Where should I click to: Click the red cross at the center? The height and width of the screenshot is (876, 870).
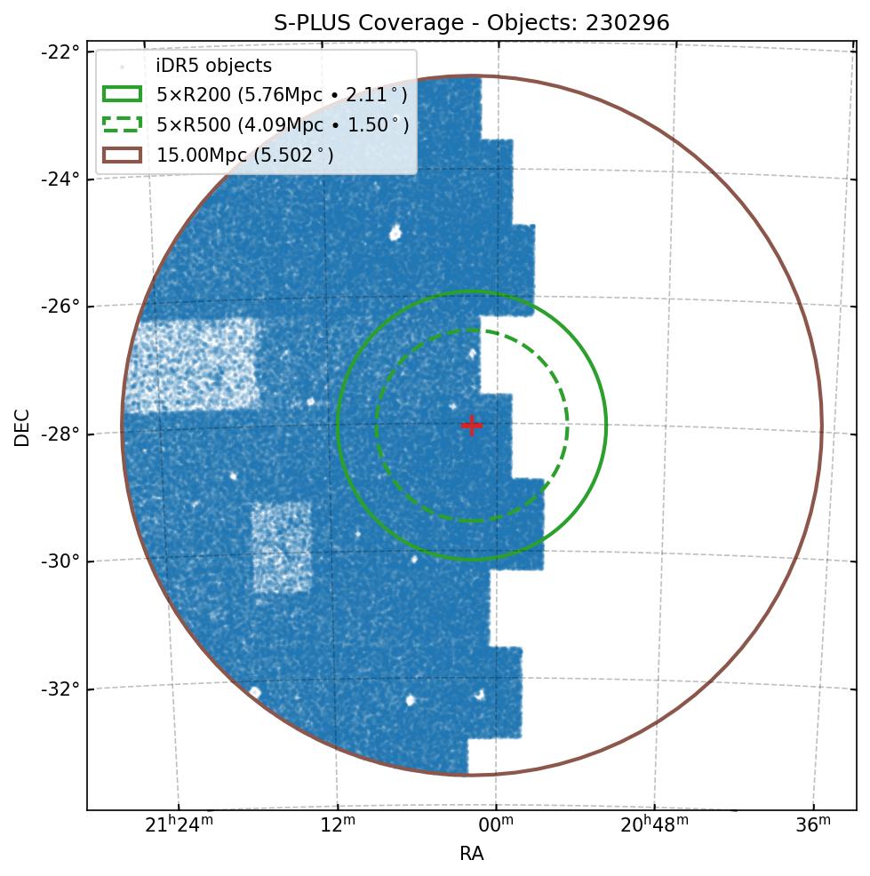(471, 426)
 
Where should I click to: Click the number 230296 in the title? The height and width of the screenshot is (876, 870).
(627, 23)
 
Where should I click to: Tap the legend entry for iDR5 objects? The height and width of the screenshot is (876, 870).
(213, 67)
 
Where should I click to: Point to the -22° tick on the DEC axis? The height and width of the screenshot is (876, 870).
(61, 52)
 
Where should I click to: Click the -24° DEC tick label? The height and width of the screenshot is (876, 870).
(61, 179)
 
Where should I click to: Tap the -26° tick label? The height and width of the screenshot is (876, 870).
(61, 307)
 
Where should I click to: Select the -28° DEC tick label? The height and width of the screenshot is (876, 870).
(61, 434)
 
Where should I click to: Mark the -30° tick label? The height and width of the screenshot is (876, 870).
(61, 561)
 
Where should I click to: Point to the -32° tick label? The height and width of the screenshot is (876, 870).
(61, 689)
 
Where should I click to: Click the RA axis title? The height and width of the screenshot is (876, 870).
(471, 855)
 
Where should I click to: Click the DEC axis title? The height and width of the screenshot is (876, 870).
(22, 426)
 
